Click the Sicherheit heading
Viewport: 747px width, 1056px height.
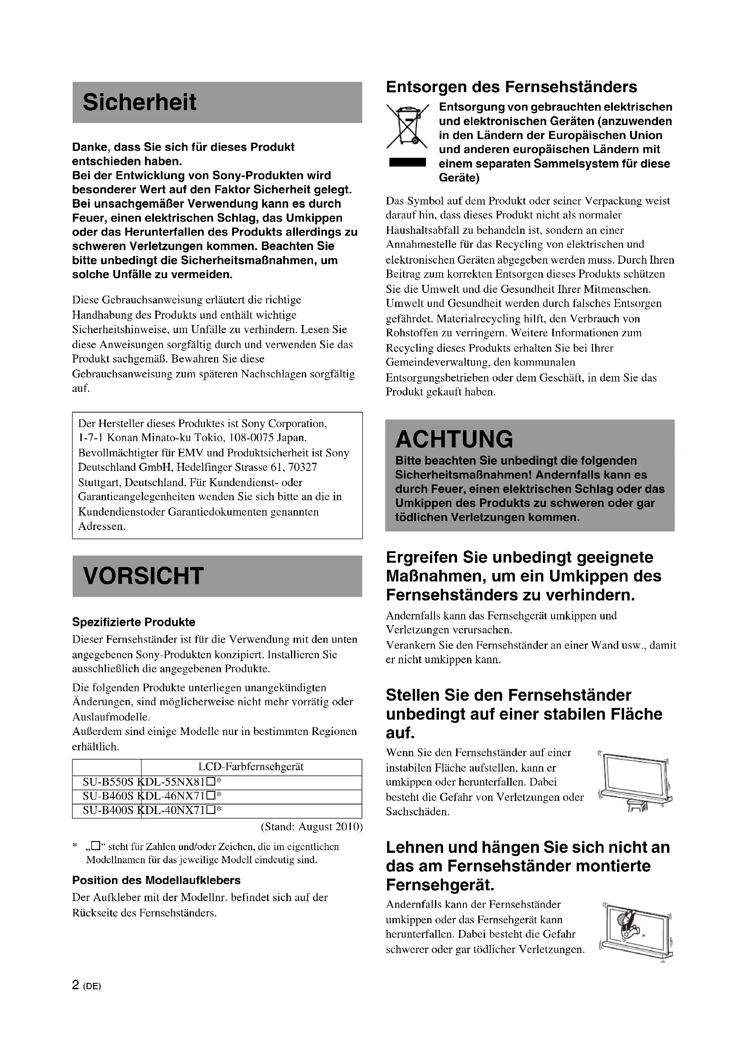(140, 102)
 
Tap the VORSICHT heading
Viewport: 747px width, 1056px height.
(143, 576)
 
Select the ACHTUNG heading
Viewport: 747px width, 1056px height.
(454, 439)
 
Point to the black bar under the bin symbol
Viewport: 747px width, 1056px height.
(407, 163)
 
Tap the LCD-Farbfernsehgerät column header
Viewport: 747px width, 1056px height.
(251, 767)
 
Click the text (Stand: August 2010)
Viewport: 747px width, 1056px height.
(312, 827)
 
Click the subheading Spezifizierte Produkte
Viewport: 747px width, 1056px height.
(133, 622)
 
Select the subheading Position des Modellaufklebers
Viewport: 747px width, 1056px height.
(156, 880)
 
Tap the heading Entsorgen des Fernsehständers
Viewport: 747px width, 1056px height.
(512, 87)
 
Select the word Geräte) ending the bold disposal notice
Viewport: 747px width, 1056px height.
(459, 178)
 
